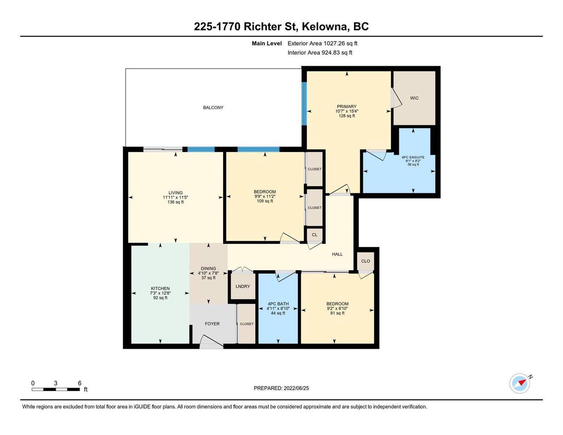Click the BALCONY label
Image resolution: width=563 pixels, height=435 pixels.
[213, 108]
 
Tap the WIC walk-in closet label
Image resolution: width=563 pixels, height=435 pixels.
[414, 98]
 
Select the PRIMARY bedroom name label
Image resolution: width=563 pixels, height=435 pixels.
[347, 107]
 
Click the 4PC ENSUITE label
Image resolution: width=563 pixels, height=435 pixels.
[413, 157]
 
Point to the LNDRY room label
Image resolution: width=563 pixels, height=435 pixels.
[243, 286]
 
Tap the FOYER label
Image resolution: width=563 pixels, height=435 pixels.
[212, 324]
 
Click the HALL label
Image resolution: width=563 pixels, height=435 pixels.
[338, 254]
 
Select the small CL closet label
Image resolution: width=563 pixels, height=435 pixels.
[315, 235]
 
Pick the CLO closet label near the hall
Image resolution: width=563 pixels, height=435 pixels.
[365, 261]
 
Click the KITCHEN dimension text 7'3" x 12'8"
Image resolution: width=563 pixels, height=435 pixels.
[160, 293]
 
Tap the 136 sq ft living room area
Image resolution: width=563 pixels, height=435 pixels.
[176, 202]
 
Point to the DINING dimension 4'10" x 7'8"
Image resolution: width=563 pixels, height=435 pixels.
[208, 273]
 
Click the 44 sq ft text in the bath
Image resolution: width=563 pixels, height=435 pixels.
[278, 313]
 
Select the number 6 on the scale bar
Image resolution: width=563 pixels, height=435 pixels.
[79, 383]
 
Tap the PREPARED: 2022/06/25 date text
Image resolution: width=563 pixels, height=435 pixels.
[281, 388]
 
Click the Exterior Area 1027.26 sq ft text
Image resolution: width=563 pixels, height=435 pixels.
[322, 43]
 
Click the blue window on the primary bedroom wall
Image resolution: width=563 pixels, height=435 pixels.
[304, 104]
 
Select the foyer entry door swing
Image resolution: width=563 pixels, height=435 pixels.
[211, 340]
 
